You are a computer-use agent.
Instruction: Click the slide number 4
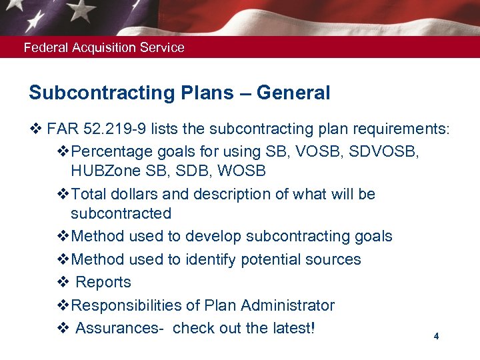click(x=436, y=337)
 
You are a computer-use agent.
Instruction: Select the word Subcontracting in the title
click(x=90, y=93)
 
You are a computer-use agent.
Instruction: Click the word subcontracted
click(x=121, y=214)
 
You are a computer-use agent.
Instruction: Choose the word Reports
click(x=103, y=283)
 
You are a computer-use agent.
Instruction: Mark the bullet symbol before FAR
click(x=35, y=129)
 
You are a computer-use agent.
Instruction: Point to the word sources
click(x=331, y=259)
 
